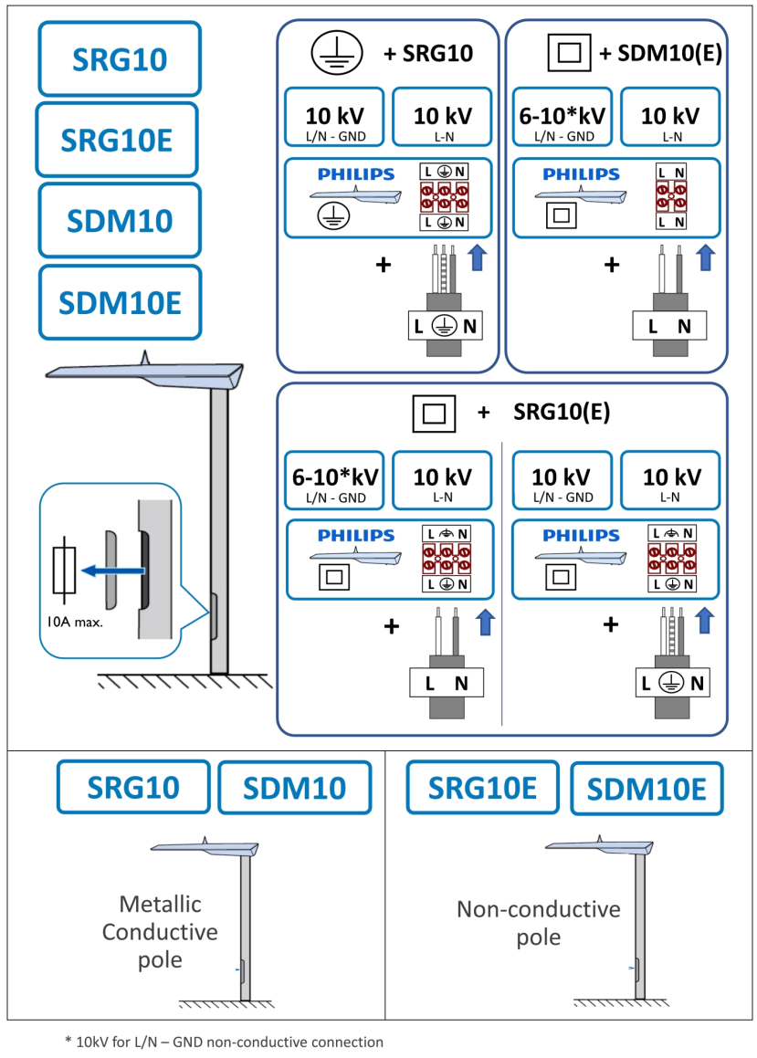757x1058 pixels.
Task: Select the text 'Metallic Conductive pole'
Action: (159, 932)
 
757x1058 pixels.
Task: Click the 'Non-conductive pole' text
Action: (538, 923)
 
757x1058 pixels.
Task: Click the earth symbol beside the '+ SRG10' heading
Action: (331, 54)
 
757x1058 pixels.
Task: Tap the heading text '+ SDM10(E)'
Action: (660, 54)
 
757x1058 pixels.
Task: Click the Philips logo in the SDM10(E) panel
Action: (581, 174)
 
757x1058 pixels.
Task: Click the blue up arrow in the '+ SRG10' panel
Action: (477, 257)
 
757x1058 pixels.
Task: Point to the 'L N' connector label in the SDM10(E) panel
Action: (671, 326)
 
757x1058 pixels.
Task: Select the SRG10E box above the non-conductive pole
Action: (482, 787)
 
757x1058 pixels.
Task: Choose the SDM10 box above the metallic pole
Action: (295, 787)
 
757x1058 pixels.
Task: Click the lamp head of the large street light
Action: (146, 371)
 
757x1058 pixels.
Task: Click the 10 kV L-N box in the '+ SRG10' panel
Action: (442, 116)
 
